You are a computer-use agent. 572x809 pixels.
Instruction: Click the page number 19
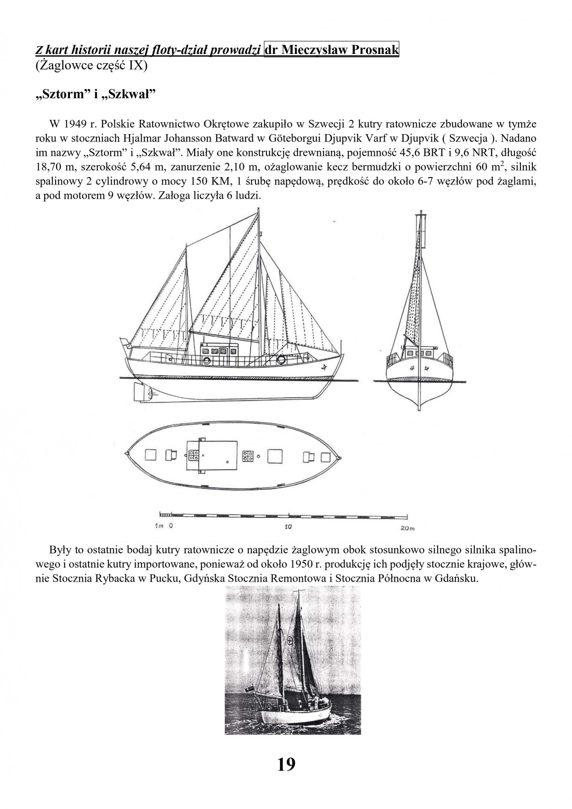click(x=286, y=764)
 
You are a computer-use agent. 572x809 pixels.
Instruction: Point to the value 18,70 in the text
click(x=50, y=166)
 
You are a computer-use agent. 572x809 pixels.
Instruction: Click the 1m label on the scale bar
click(x=158, y=526)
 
